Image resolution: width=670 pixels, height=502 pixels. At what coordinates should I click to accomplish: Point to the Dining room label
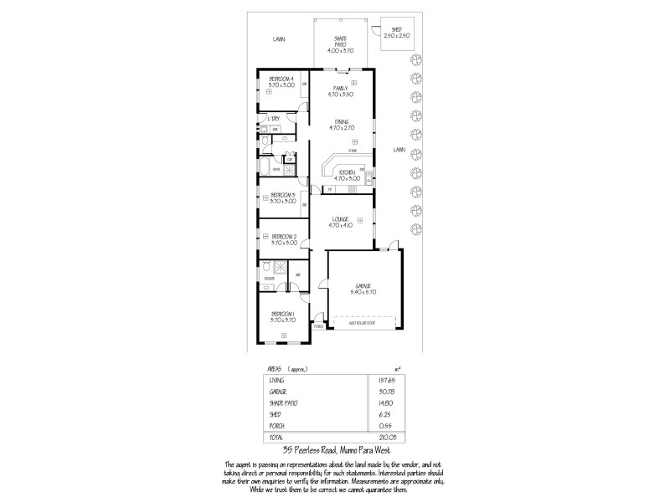342,121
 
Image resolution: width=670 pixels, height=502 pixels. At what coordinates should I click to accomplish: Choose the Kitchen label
346,172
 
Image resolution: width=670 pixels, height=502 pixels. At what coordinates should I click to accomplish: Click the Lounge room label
341,219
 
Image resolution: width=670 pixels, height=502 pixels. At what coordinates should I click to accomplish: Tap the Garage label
363,286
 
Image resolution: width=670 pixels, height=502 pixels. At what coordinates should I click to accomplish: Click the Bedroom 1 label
282,314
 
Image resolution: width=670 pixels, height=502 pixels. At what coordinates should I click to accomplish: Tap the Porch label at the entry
318,327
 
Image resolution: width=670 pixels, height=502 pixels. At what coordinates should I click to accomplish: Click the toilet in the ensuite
266,268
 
